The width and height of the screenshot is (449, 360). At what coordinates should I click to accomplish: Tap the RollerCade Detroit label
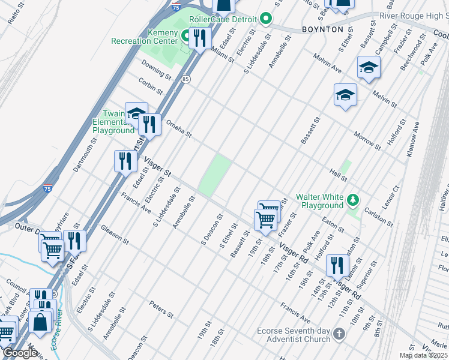coord(223,19)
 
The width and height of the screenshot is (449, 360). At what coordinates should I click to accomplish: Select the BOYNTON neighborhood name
coord(322,29)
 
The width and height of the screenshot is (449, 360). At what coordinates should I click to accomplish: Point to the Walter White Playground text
coord(319,201)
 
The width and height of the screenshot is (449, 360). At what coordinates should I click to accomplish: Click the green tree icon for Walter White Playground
coord(354,199)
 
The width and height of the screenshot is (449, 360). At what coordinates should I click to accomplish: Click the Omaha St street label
coord(178,127)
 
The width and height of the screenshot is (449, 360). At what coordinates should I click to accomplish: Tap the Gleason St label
coord(115,235)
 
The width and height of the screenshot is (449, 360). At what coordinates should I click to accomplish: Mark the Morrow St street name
coord(367,140)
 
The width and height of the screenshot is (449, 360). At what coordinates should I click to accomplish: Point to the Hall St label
coord(339,175)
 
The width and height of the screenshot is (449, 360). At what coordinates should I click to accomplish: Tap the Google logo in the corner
coord(20,353)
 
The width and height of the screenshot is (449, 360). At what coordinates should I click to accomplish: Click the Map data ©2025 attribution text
coord(423,355)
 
